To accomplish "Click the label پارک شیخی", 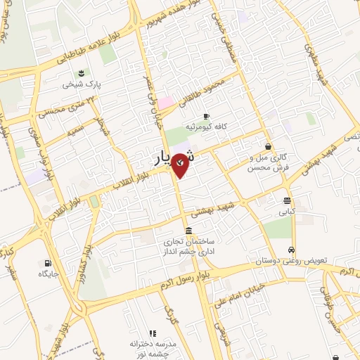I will click(77, 84).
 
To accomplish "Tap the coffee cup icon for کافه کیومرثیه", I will click(206, 116).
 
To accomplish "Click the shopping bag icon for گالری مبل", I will click(267, 146).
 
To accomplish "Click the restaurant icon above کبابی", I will click(287, 199).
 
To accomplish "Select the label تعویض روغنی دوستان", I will click(300, 261).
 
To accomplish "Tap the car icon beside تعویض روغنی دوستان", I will click(290, 250).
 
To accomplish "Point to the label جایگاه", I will click(45, 274).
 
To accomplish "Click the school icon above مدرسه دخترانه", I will click(151, 333).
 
